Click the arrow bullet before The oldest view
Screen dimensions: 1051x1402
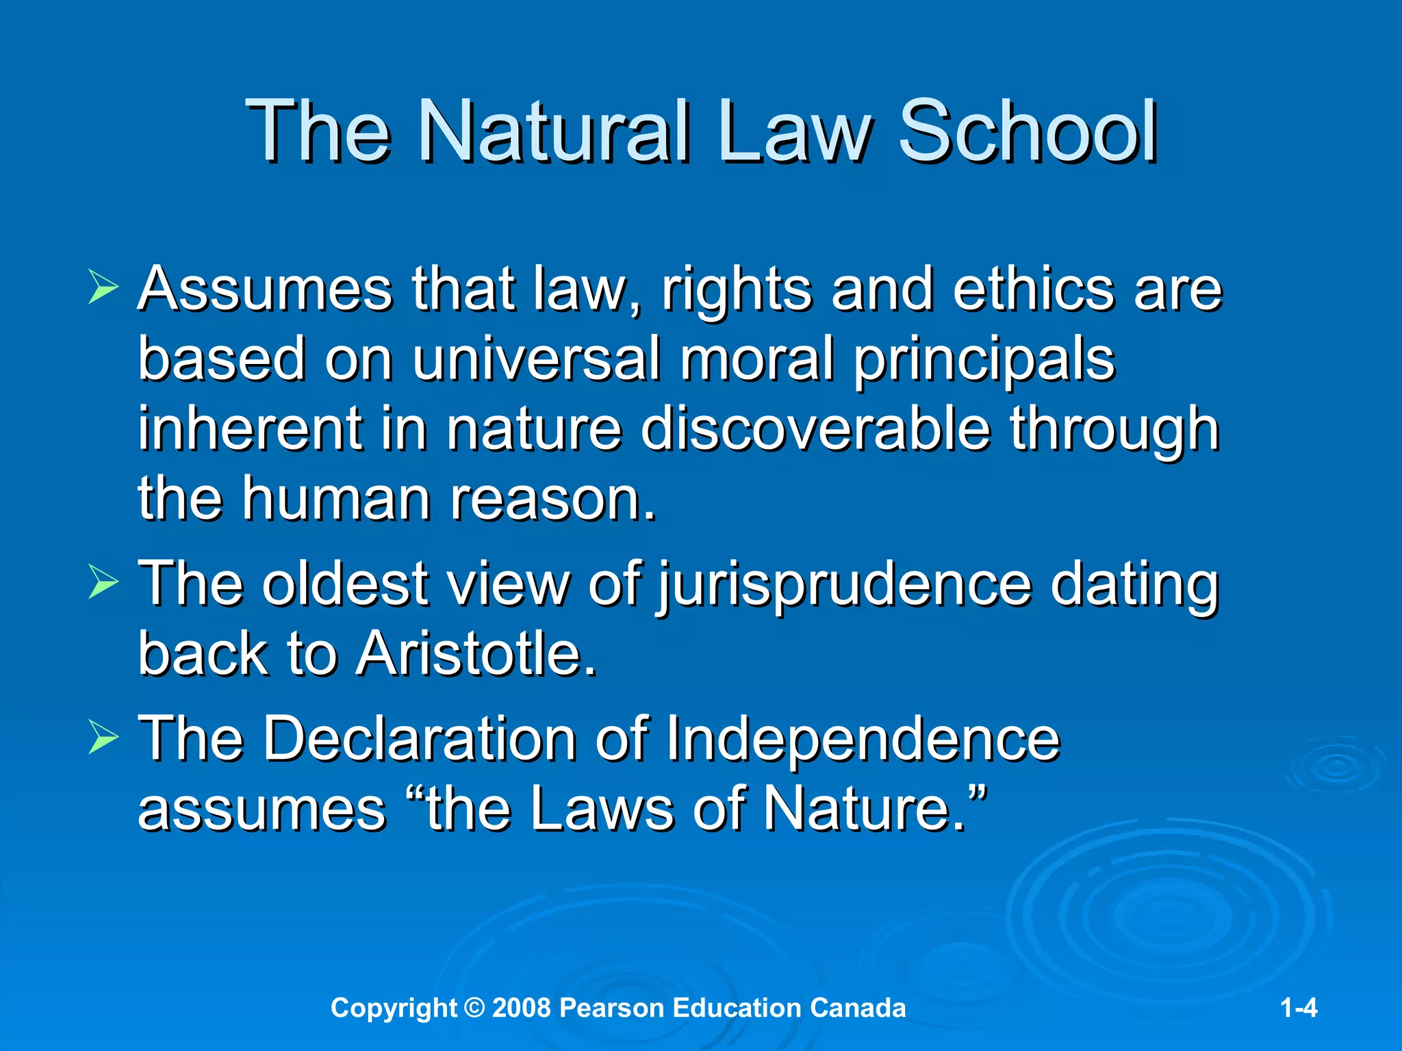point(103,584)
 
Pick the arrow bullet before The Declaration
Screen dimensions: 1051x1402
point(103,738)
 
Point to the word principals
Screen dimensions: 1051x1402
point(984,361)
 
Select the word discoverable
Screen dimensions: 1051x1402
point(816,430)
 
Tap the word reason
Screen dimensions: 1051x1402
point(553,499)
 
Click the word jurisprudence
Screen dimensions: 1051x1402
point(844,585)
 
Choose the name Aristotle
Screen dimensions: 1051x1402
point(476,653)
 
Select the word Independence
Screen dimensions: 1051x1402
point(863,740)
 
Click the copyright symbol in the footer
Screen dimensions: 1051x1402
point(474,1008)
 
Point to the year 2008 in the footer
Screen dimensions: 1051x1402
point(521,1008)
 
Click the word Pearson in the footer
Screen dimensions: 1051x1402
point(611,1008)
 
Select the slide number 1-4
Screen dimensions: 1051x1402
point(1299,1008)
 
